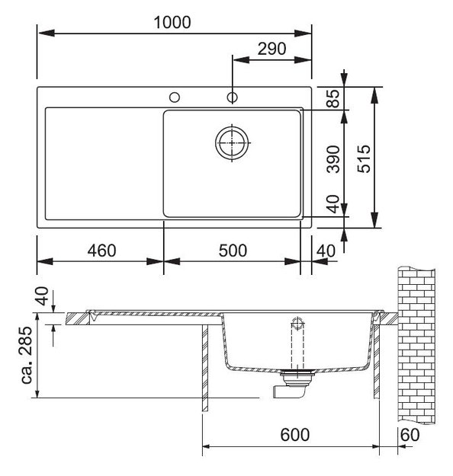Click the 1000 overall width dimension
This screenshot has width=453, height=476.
click(x=172, y=22)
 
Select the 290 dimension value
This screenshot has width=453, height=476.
click(x=271, y=49)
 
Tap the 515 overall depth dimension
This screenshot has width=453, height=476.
click(x=364, y=158)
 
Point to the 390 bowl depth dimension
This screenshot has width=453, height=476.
click(x=333, y=159)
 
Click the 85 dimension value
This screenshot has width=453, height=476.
click(x=333, y=98)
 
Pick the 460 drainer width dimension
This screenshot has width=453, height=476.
click(x=101, y=251)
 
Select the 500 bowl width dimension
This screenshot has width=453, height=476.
click(x=233, y=251)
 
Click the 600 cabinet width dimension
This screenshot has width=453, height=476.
click(x=295, y=435)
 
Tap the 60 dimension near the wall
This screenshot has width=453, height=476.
click(x=410, y=435)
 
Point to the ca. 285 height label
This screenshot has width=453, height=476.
click(x=27, y=355)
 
